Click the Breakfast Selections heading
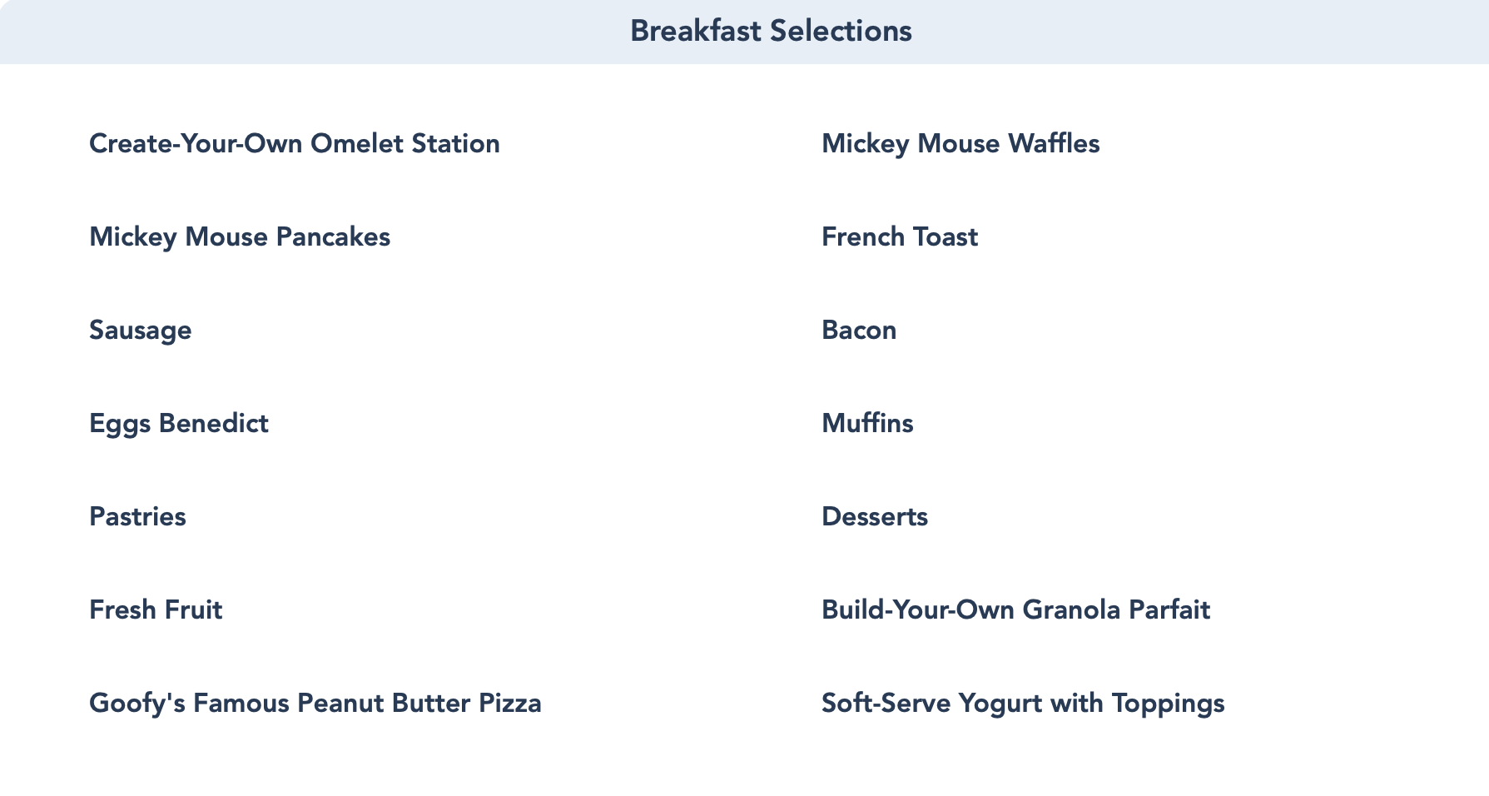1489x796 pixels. [x=771, y=31]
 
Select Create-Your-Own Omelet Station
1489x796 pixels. [x=295, y=143]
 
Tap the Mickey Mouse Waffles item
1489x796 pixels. [x=960, y=144]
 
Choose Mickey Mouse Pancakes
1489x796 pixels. [x=240, y=237]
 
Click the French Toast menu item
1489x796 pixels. [x=900, y=236]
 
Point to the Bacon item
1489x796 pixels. [x=859, y=330]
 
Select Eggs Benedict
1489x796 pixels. [x=179, y=424]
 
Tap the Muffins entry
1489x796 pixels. [x=867, y=423]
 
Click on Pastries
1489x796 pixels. [x=137, y=516]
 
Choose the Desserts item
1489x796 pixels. [x=875, y=516]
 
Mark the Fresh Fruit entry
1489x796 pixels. [x=156, y=609]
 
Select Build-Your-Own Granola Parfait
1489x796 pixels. [x=1015, y=609]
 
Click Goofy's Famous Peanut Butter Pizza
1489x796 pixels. [x=315, y=704]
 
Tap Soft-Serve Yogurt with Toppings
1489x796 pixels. [x=1023, y=704]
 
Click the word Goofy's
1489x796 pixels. [x=137, y=704]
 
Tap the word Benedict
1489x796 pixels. [x=213, y=423]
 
